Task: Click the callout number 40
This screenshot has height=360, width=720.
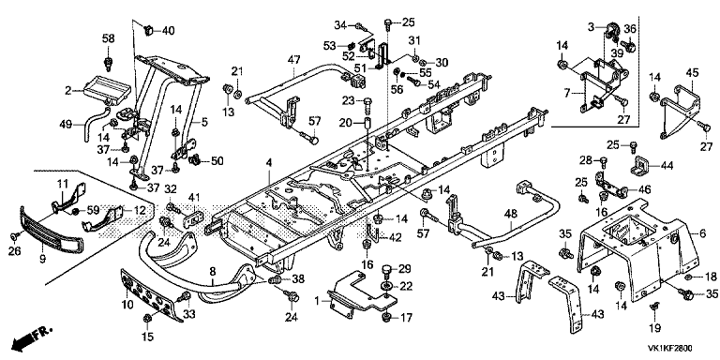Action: coord(169,31)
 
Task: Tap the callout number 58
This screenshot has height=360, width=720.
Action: coord(109,38)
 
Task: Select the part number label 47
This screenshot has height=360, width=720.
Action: coord(293,59)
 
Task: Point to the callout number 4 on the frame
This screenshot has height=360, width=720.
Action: coord(269,162)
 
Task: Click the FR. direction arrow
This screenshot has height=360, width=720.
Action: coord(32,337)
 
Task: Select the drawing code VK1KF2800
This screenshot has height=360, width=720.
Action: coord(670,349)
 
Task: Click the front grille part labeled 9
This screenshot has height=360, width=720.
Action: coord(52,229)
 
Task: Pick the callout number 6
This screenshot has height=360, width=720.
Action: coord(702,233)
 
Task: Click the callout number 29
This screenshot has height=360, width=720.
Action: coord(405,269)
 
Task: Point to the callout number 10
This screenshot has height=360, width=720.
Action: coord(127,304)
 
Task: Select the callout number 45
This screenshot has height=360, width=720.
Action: coord(692,72)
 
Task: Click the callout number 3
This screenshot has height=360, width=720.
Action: coord(591,27)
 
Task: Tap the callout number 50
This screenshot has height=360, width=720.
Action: coord(217,160)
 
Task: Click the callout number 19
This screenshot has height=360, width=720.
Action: coord(654,328)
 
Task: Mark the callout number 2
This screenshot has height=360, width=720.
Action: coord(67,91)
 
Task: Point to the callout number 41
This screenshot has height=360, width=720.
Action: coord(194,198)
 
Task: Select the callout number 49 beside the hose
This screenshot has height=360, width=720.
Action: coord(67,124)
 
